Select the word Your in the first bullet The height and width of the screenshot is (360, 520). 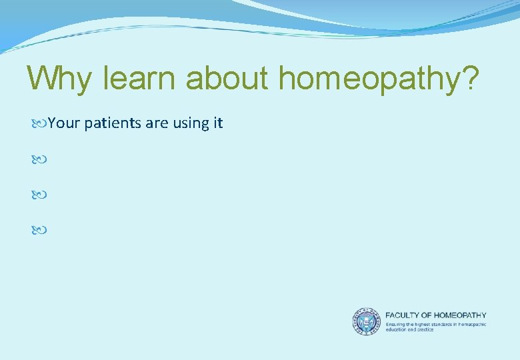coord(64,123)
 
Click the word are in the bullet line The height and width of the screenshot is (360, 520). coord(151,124)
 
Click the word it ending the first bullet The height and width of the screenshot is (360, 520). coord(217,123)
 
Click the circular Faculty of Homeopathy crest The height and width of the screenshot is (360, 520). coord(365,321)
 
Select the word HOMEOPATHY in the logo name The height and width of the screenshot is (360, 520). coord(459,315)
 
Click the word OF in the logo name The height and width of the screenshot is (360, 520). coord(425,315)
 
